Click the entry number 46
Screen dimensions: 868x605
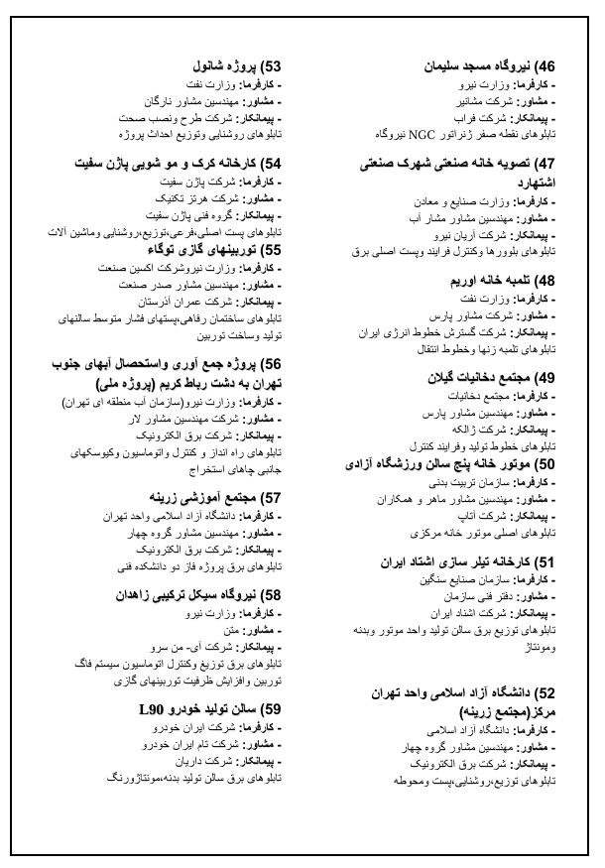(x=544, y=67)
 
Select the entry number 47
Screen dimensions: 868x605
(x=544, y=164)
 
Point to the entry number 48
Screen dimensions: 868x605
(x=544, y=281)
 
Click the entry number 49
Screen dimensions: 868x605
(x=544, y=378)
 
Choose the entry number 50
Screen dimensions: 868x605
(x=544, y=463)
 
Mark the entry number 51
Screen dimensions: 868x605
(x=544, y=561)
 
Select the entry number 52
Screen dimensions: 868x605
(x=544, y=692)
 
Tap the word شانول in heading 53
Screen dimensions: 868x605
(x=211, y=67)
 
